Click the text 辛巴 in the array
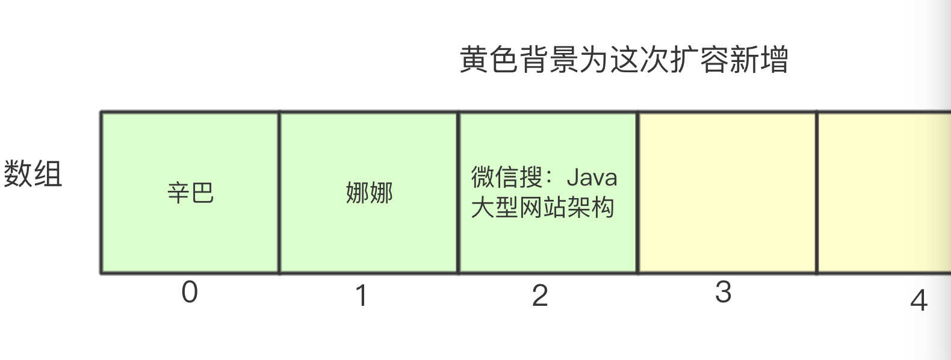click(190, 193)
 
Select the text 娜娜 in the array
click(369, 193)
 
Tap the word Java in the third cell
click(592, 178)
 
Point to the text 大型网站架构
click(542, 208)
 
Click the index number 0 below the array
click(190, 293)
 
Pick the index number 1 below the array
click(361, 296)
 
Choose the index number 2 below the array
click(540, 296)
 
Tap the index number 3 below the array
click(723, 293)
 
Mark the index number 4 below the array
click(918, 300)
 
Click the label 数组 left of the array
click(33, 174)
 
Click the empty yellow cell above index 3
click(727, 193)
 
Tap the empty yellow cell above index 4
click(884, 193)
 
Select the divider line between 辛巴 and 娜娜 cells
click(279, 193)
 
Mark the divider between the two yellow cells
click(817, 193)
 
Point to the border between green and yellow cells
click(637, 193)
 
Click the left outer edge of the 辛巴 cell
click(101, 193)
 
